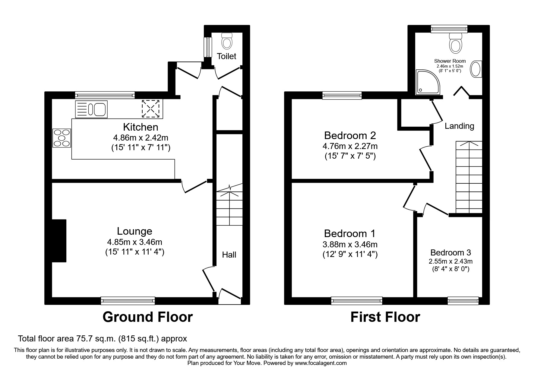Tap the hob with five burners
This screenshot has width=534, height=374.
pos(62,138)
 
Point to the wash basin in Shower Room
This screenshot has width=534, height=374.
pos(476,69)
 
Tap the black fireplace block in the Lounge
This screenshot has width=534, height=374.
pos(59,241)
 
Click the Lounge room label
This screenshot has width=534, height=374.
pos(134,231)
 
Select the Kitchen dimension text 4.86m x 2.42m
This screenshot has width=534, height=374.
pos(141,138)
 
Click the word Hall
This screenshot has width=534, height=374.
pos(229,255)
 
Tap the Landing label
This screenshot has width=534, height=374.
pos(459,126)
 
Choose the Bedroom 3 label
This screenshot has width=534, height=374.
pos(450,252)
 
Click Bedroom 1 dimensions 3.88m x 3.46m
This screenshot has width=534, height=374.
pos(350,244)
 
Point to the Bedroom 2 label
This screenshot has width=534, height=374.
pos(350,135)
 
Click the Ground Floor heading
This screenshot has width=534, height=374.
pos(147,317)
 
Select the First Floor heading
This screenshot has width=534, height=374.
pos(385,317)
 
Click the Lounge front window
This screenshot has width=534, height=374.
pos(128,300)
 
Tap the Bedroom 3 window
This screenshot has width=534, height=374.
pos(463,300)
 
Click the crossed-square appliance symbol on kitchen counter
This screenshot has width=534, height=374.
pos(150,109)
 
